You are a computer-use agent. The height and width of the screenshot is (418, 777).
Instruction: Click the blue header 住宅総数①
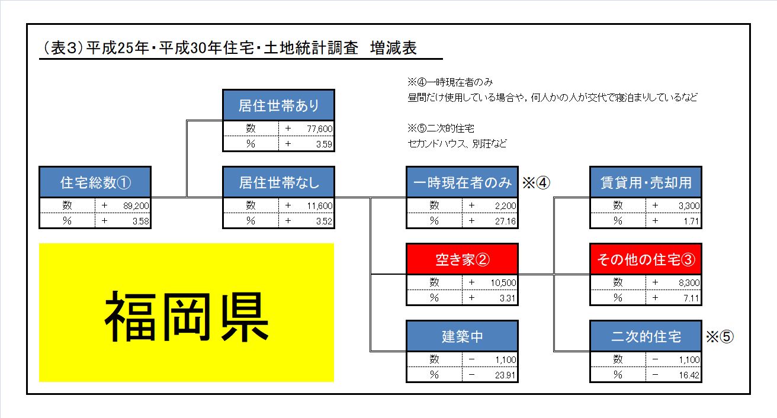(x=95, y=182)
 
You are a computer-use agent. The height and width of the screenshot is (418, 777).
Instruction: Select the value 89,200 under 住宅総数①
(x=136, y=205)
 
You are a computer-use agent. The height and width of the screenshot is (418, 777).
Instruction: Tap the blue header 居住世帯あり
(x=278, y=105)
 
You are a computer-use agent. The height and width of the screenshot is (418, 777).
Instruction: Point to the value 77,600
(x=319, y=128)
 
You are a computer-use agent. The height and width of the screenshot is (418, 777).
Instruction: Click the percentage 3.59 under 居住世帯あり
(x=324, y=144)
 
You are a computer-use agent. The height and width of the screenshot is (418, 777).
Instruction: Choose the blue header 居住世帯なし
(x=278, y=182)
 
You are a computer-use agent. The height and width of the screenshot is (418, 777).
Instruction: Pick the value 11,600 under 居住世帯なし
(x=319, y=205)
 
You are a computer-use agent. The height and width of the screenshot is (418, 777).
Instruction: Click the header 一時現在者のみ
(x=462, y=182)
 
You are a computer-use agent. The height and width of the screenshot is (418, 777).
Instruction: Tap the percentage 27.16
(x=505, y=221)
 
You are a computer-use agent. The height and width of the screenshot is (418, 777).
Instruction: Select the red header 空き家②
(x=462, y=259)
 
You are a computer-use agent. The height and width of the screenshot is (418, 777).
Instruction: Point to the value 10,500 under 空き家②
(x=503, y=283)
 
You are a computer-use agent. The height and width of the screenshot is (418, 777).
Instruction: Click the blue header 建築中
(x=462, y=336)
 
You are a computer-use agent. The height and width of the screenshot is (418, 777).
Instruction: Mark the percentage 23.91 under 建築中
(x=505, y=375)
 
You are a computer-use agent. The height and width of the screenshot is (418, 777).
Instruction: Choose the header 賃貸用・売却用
(x=646, y=182)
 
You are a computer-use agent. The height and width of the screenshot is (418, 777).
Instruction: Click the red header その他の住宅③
(x=646, y=259)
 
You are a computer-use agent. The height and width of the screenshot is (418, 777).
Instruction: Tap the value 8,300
(x=689, y=283)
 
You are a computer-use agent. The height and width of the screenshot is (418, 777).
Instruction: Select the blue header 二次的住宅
(x=646, y=336)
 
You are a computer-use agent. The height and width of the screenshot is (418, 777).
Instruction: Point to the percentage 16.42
(x=689, y=375)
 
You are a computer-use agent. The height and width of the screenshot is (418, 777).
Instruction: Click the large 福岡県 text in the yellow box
(x=187, y=316)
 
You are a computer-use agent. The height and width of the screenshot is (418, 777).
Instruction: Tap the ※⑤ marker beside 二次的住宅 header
(x=720, y=336)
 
